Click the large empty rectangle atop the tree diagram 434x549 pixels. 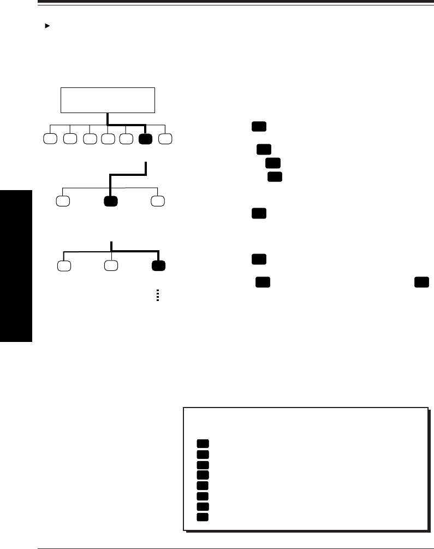108,100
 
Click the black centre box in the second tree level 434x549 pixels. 111,200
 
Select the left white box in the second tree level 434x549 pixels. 64,200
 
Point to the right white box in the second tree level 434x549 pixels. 158,200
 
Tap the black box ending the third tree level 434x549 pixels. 159,267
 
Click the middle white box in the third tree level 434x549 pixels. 111,267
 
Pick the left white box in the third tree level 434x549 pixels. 64,267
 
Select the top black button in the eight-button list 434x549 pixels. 203,444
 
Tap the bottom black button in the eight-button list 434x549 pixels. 203,516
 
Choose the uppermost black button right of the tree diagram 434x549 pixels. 259,127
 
